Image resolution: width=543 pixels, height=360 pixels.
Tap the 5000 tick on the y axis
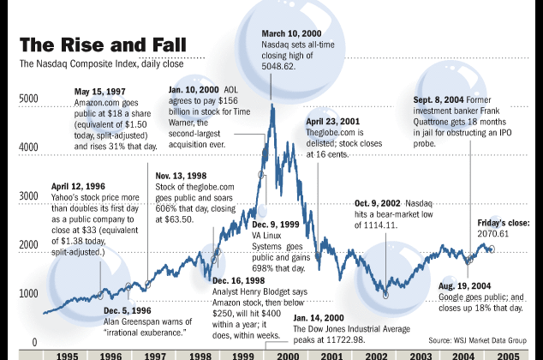[x=28, y=99]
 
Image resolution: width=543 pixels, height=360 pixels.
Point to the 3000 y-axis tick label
[x=28, y=196]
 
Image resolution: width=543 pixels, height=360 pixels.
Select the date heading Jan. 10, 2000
[x=189, y=89]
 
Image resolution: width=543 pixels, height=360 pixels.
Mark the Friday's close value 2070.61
[x=494, y=233]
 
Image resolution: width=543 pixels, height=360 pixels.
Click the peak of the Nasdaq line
[x=272, y=105]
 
